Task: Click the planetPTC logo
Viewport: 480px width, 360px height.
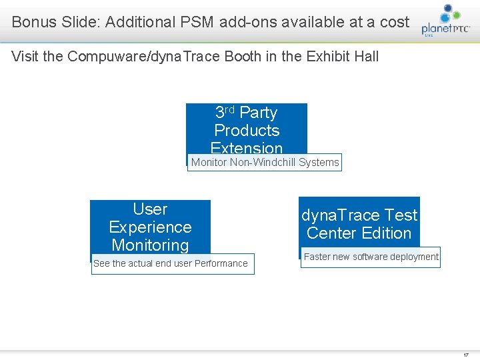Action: (446, 21)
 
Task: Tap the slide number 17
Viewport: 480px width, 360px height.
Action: (465, 355)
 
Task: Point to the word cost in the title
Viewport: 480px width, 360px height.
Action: (394, 22)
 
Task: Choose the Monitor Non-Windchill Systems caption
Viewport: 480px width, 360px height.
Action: (265, 163)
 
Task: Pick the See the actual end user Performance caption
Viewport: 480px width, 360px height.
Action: (171, 264)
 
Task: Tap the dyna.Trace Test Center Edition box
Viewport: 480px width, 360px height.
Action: (359, 223)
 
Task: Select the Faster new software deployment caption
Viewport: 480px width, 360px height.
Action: (371, 257)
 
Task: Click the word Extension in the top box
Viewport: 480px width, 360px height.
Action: (247, 148)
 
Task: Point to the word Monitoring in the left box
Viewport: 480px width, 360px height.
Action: (150, 245)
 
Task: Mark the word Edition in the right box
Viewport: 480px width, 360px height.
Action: (387, 233)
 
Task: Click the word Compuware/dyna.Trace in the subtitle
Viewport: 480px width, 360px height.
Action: (117, 57)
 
